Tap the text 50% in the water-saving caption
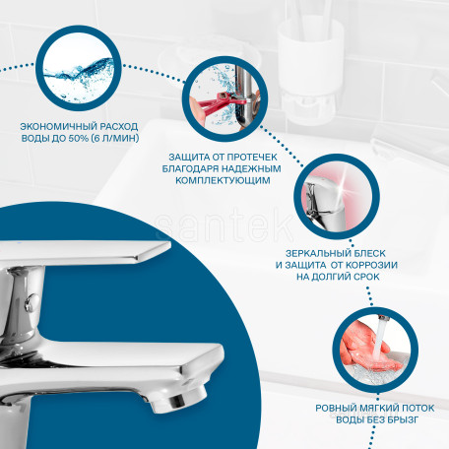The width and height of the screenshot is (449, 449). pos(79,138)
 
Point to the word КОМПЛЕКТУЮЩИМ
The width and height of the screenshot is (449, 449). pos(223,180)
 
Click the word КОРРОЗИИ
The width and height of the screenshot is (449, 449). pos(371,265)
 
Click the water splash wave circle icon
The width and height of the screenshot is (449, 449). pos(79,68)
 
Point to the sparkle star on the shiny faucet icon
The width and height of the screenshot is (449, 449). pos(344,182)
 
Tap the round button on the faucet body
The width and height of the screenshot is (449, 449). pos(31,302)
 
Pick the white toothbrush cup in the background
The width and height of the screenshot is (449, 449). pos(310,71)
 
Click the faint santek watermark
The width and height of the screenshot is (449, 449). pos(224,225)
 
